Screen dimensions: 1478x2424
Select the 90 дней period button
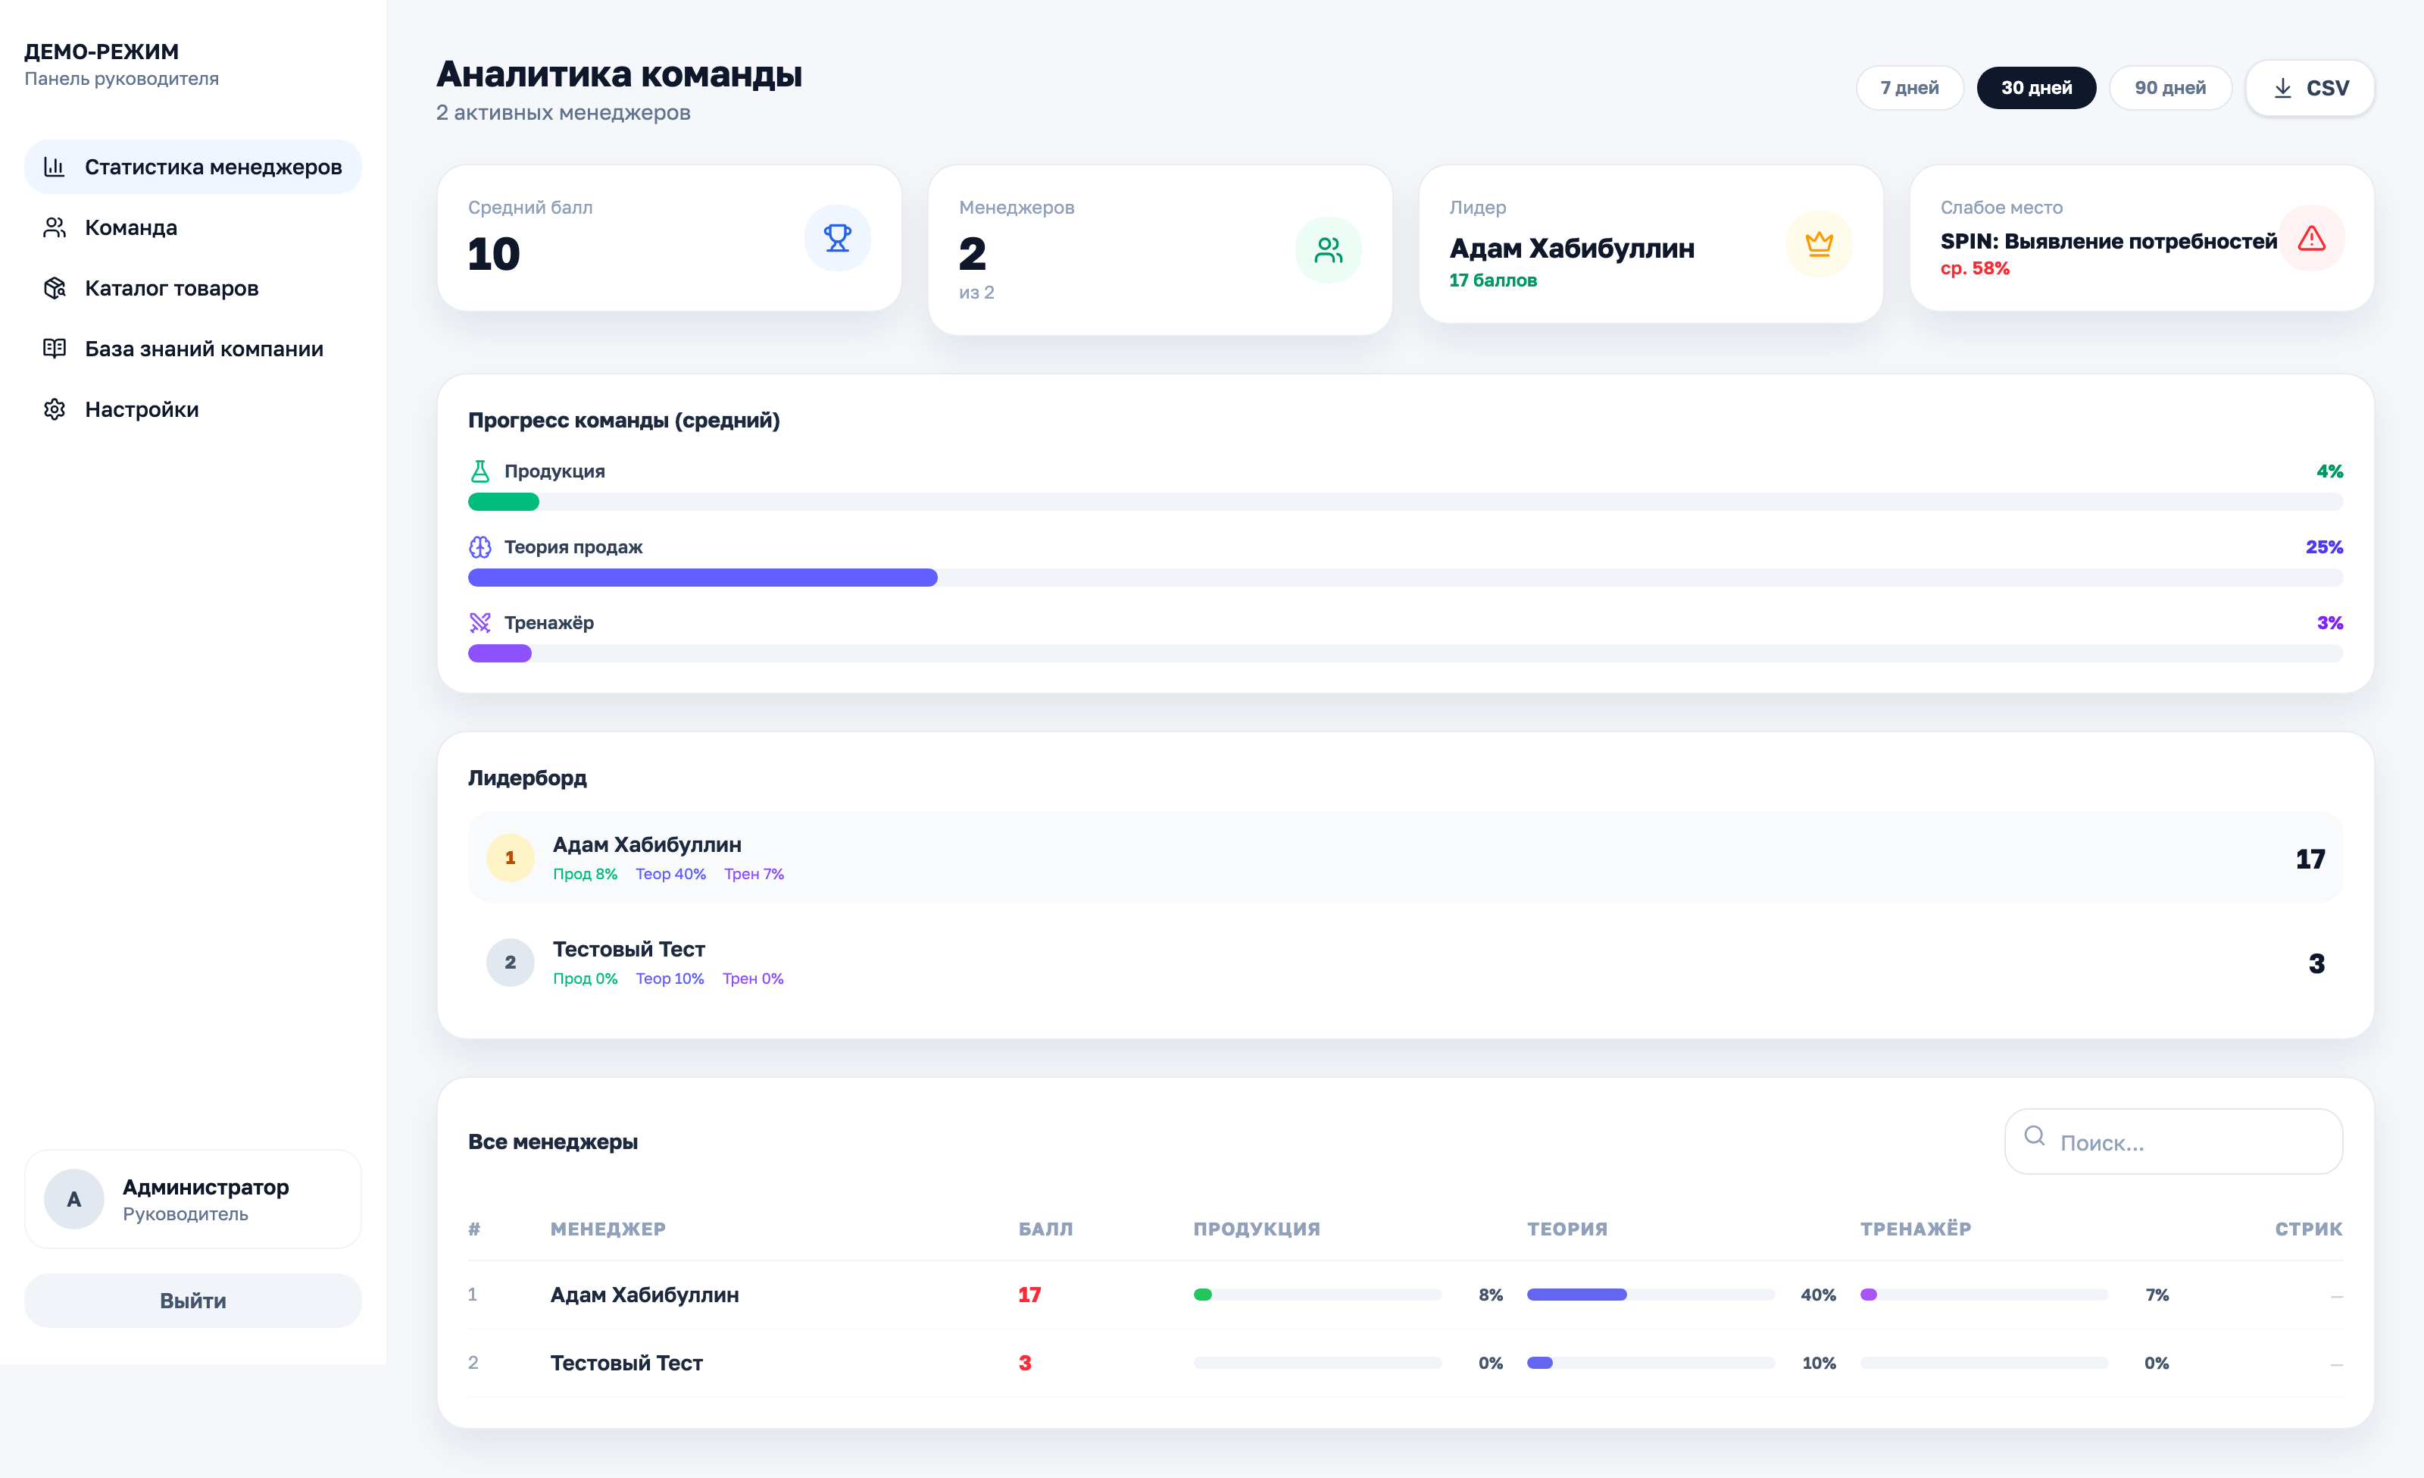pyautogui.click(x=2169, y=88)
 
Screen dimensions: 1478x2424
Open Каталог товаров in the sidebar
pyautogui.click(x=171, y=288)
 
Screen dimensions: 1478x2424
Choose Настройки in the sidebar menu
pyautogui.click(x=142, y=409)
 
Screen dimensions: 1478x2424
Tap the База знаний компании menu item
pyautogui.click(x=204, y=349)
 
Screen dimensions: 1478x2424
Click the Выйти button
pyautogui.click(x=193, y=1300)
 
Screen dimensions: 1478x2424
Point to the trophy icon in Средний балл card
pyautogui.click(x=837, y=238)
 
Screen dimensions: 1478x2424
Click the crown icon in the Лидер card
pyautogui.click(x=1818, y=244)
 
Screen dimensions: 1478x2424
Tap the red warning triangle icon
pyautogui.click(x=2311, y=238)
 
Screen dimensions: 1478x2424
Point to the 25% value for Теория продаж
pyautogui.click(x=2324, y=547)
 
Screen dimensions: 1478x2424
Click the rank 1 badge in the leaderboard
pyautogui.click(x=510, y=858)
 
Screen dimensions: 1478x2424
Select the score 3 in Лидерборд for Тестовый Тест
pyautogui.click(x=2316, y=963)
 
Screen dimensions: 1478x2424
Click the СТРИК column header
pyautogui.click(x=2308, y=1229)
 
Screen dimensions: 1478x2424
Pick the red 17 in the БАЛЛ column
pyautogui.click(x=1029, y=1295)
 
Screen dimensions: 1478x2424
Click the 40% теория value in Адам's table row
pyautogui.click(x=1818, y=1295)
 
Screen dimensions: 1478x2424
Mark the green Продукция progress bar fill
pyautogui.click(x=504, y=502)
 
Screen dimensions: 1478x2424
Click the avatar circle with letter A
pyautogui.click(x=73, y=1200)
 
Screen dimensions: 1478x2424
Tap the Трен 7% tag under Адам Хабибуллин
pyautogui.click(x=754, y=874)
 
